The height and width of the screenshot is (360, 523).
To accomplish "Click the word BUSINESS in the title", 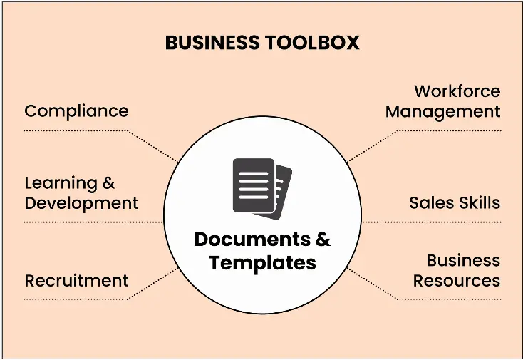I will coord(212,43).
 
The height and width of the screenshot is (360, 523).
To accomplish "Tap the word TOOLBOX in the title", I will coord(312,43).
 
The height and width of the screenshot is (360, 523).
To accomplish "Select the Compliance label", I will coord(76,111).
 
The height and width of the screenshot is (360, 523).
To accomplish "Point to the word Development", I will coord(81,203).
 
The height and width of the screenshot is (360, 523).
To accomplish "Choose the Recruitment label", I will coord(76,281).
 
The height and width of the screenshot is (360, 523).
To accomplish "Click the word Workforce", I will coord(457,92).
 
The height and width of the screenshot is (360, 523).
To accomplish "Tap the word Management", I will coord(442,112).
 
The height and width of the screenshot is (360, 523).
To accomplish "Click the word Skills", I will coord(479,202).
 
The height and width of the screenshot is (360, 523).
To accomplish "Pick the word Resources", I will coord(456,281).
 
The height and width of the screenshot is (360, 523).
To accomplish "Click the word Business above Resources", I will coord(463,261).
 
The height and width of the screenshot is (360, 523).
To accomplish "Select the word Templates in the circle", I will coord(262,262).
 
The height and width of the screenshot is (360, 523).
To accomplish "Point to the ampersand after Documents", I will coord(323,240).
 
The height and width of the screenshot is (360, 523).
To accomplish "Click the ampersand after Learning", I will coord(108,183).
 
